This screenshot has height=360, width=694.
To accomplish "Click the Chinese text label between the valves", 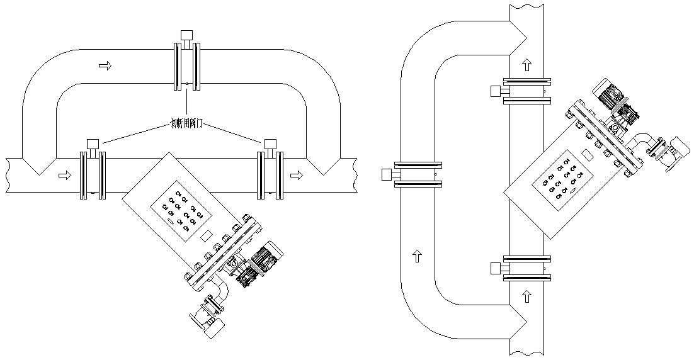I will coord(186,125).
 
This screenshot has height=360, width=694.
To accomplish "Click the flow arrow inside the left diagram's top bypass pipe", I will coord(105,65).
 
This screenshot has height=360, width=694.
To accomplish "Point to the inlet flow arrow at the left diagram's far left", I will coord(64,175).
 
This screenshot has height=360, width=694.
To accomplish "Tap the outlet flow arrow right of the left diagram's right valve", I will coord(296,175).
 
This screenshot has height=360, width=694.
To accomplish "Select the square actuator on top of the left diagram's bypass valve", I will coord(186,35).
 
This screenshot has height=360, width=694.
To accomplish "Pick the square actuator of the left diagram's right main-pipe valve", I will coord(271,143).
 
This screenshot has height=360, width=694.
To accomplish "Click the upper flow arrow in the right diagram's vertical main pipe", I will coord(527,64).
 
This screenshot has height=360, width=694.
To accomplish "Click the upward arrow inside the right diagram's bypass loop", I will coord(417,256).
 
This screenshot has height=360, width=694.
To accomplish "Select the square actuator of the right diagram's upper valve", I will coord(496,91).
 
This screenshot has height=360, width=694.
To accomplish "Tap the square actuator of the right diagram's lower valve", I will coord(496,269).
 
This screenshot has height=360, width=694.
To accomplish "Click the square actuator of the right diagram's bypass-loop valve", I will coord(387,174).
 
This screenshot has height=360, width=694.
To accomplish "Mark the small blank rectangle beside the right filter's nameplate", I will coord(586,154).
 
